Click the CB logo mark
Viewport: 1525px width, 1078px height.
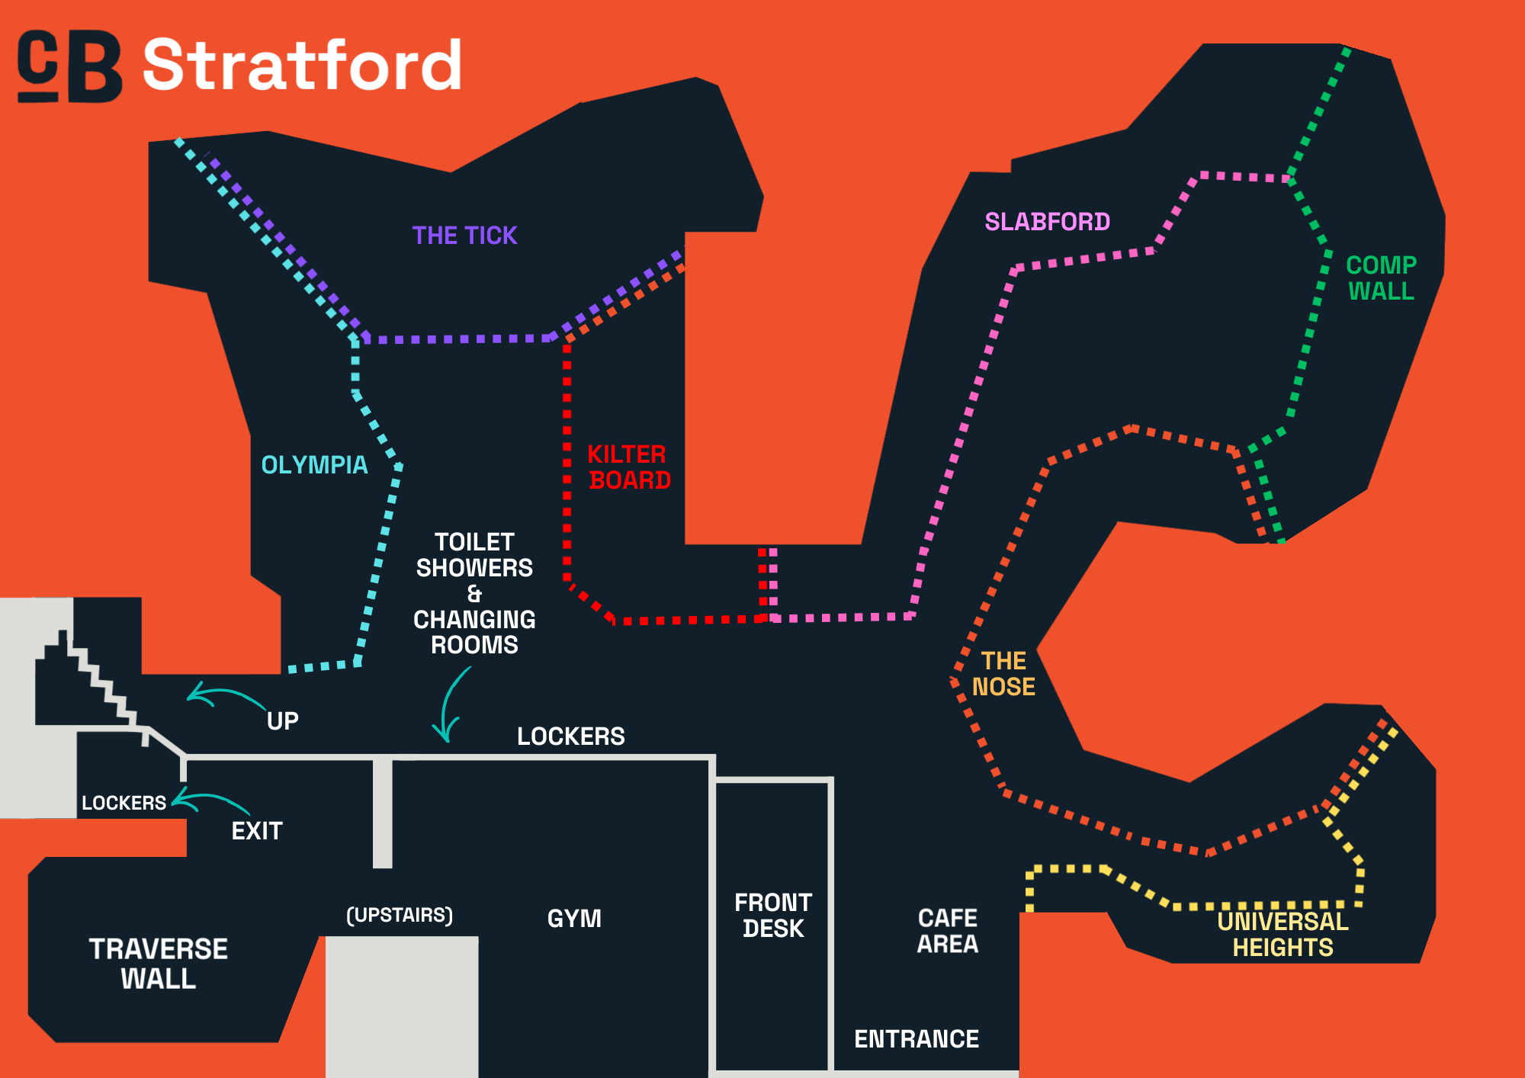[x=69, y=66]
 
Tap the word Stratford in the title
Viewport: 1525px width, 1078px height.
[x=302, y=66]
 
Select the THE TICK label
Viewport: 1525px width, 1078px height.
[x=464, y=236]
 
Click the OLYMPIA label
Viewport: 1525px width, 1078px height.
[x=314, y=465]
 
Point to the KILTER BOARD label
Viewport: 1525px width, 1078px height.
[x=628, y=467]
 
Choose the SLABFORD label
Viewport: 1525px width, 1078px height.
[x=1047, y=222]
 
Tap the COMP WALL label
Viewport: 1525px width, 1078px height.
[x=1381, y=278]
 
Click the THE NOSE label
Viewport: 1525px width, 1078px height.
[x=1003, y=674]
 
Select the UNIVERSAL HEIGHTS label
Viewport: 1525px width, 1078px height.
[x=1283, y=935]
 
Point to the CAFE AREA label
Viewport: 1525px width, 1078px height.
[x=947, y=931]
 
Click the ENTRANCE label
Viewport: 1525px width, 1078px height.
[x=916, y=1039]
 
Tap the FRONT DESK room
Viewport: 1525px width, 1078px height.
[x=772, y=916]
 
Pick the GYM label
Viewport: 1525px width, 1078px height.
[x=574, y=919]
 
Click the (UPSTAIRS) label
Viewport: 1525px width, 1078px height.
[x=400, y=915]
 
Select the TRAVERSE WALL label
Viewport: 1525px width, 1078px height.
[x=159, y=964]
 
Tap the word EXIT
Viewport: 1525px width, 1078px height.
[x=257, y=831]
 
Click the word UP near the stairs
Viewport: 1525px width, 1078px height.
[x=282, y=721]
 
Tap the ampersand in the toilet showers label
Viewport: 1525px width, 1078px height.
[x=474, y=593]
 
